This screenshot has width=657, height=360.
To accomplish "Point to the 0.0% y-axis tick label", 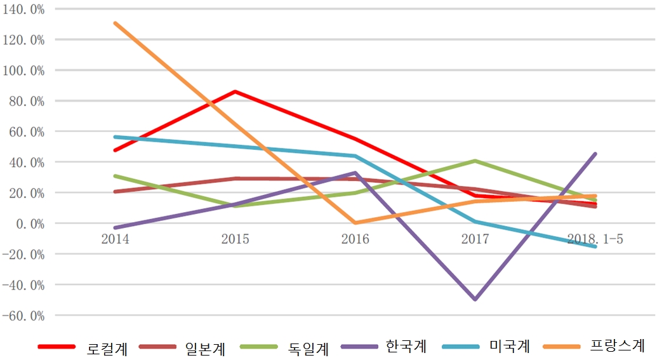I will click(28, 223).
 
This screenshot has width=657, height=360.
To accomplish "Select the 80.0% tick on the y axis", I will click(25, 101).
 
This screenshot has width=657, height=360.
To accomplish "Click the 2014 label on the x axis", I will click(115, 239).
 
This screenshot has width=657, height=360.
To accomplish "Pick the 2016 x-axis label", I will click(355, 239).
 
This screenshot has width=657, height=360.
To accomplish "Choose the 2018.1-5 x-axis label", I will click(595, 239).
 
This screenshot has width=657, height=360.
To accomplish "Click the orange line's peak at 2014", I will click(115, 23).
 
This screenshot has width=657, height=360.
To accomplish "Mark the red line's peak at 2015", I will click(235, 91).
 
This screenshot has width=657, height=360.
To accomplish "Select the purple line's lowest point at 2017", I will click(475, 299).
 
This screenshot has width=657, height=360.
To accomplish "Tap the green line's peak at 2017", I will click(475, 161).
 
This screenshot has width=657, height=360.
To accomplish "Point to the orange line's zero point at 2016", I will click(355, 223).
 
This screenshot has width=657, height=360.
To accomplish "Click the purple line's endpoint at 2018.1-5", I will click(595, 154).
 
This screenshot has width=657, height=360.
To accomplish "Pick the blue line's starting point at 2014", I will click(115, 137).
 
